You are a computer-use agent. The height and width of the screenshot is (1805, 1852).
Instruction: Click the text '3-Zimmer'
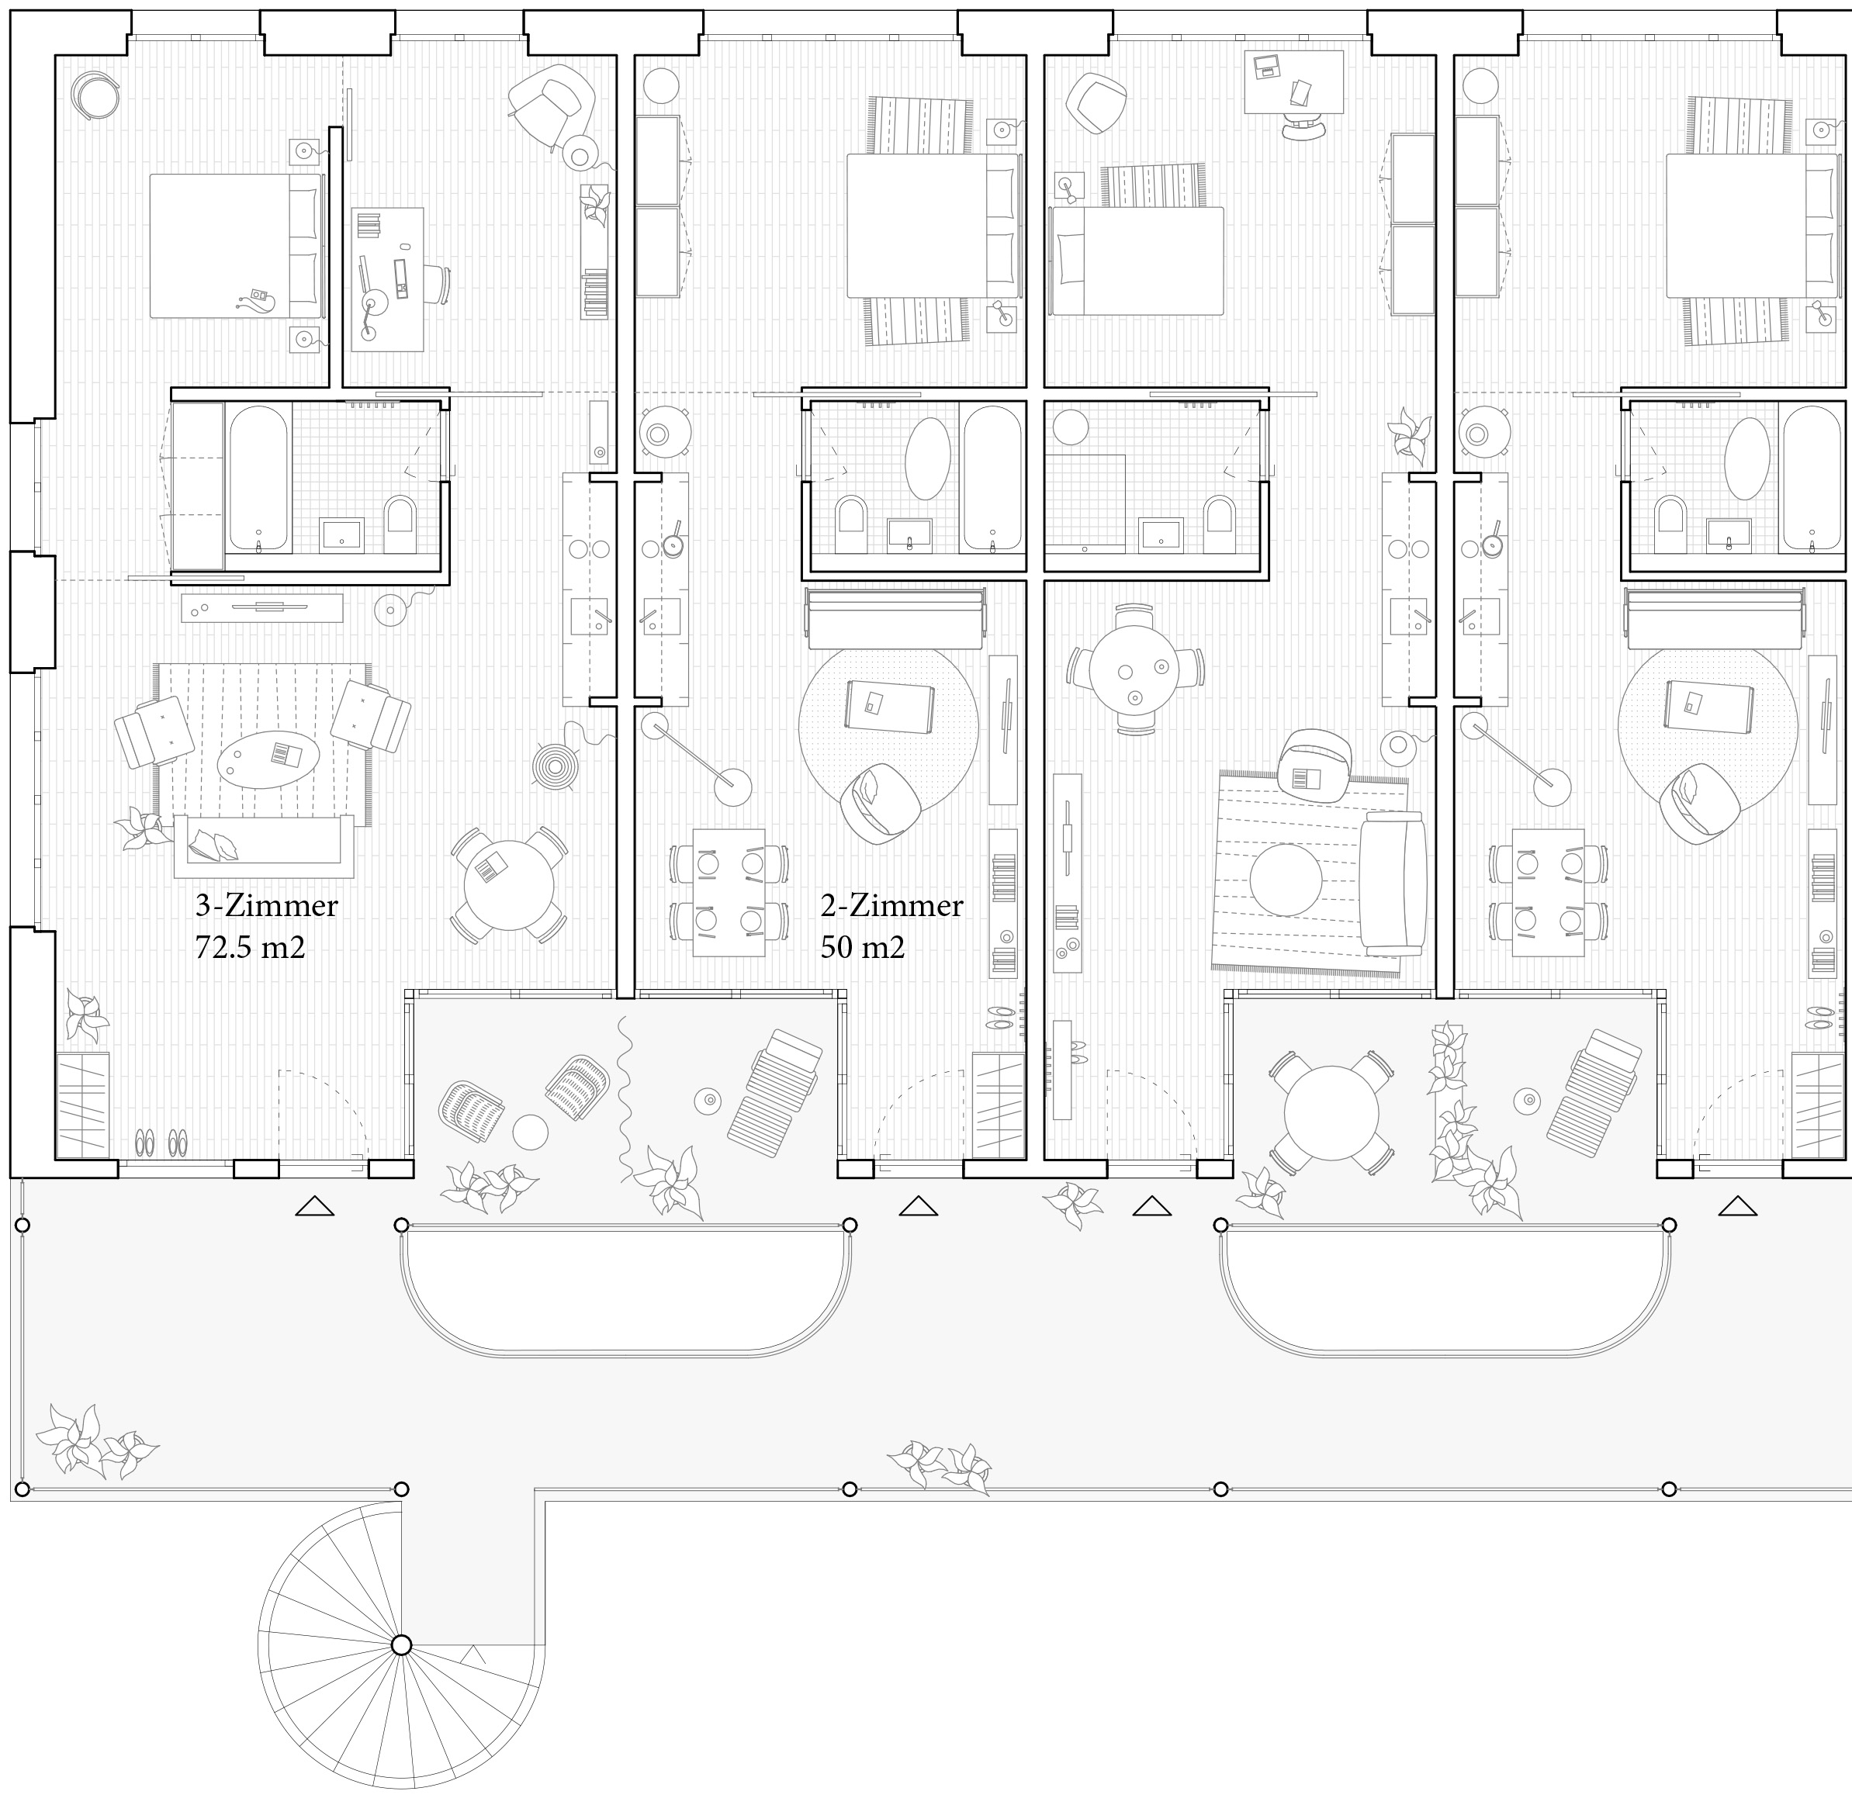point(266,906)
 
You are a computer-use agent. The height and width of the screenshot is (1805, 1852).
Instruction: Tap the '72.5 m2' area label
point(251,947)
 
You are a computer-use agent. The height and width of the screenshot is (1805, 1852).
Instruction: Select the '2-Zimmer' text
point(891,906)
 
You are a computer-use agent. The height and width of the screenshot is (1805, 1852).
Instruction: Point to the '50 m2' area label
point(863,947)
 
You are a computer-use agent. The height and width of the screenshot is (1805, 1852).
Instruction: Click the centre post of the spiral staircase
point(401,1644)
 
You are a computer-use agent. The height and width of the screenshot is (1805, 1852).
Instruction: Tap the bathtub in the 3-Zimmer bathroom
point(258,478)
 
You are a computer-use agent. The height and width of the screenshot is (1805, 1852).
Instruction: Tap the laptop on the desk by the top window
point(1266,67)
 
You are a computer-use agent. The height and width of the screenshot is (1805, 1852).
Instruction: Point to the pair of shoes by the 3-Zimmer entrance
point(161,1143)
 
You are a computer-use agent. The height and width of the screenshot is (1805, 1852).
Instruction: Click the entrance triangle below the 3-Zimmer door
point(315,1206)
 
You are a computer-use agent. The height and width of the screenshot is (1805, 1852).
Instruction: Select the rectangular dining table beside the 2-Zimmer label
point(729,893)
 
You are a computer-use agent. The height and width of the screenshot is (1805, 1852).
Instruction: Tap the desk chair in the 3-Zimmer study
point(437,285)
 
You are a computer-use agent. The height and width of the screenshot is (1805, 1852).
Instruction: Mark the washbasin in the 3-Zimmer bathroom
point(341,534)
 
